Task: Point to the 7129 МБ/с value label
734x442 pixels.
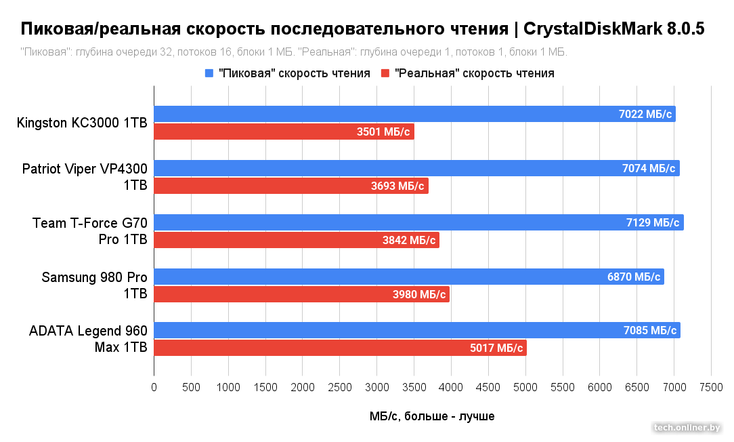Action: click(653, 222)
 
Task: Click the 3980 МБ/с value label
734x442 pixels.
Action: click(420, 294)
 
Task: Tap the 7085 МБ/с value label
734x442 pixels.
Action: click(650, 331)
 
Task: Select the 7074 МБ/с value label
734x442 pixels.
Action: click(650, 168)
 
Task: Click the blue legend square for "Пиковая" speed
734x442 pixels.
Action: click(209, 73)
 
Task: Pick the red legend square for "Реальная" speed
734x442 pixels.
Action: click(386, 73)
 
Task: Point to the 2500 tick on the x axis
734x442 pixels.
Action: click(340, 387)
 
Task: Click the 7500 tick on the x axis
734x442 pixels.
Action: click(711, 387)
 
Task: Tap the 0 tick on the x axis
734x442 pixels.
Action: click(154, 387)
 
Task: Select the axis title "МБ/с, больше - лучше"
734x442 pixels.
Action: click(432, 416)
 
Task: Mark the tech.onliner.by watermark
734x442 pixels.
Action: click(687, 427)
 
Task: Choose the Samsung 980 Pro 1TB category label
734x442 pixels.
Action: click(94, 285)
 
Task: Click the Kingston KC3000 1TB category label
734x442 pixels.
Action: click(82, 123)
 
